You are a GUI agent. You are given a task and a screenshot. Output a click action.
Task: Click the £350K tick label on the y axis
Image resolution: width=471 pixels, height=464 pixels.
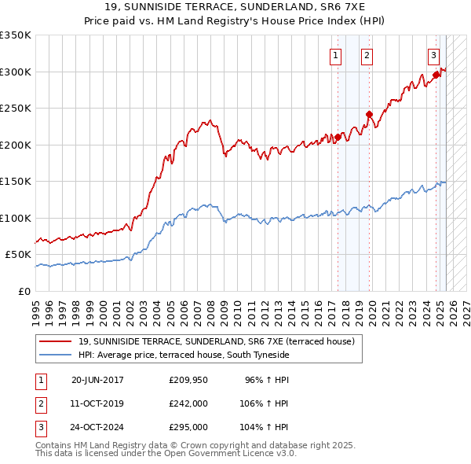[16, 35]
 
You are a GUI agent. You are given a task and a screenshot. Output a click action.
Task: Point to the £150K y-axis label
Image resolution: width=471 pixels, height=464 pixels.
[16, 181]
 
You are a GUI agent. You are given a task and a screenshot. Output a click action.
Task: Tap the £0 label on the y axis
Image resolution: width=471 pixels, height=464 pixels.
[25, 291]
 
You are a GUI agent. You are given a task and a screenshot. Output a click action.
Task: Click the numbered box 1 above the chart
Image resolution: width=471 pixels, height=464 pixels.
[335, 55]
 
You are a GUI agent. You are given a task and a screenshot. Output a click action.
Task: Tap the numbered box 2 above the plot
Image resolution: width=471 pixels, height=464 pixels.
[367, 55]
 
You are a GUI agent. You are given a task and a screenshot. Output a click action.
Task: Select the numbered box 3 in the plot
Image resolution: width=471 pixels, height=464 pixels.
[433, 55]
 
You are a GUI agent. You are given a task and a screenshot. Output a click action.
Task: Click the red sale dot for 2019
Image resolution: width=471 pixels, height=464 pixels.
[368, 114]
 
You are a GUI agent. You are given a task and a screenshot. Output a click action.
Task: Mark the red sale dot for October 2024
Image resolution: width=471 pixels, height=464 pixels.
[436, 75]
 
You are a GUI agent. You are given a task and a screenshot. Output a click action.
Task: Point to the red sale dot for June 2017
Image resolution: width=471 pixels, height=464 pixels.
[338, 137]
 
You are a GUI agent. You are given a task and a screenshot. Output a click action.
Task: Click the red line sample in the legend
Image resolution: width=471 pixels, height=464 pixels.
[56, 342]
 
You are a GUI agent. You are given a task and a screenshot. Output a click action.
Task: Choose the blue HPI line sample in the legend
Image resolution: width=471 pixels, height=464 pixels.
[56, 355]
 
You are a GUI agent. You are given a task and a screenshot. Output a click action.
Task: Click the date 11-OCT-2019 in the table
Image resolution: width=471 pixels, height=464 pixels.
[97, 403]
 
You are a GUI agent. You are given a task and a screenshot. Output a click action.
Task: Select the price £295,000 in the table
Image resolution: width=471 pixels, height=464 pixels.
[188, 427]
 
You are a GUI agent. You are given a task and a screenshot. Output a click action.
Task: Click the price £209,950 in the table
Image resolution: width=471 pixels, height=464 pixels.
[188, 380]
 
